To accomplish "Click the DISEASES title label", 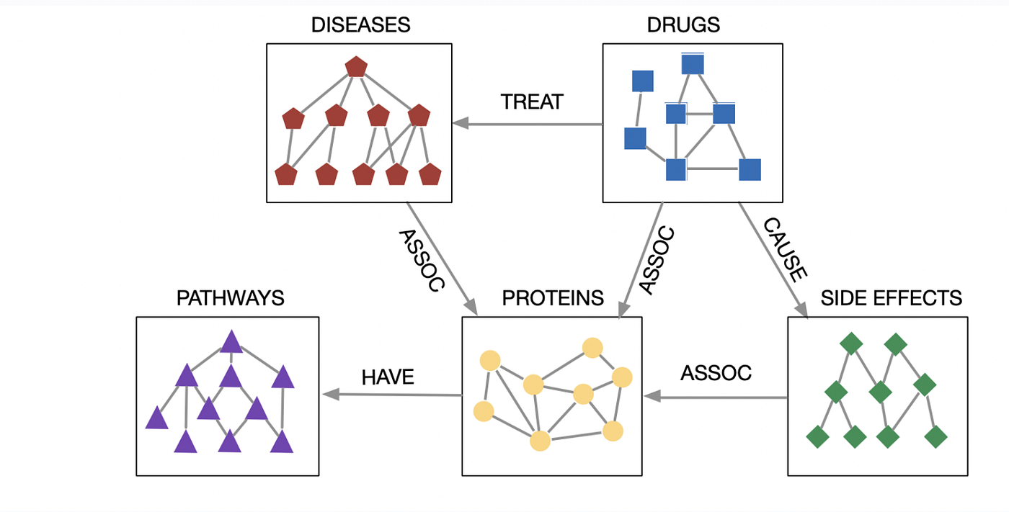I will pyautogui.click(x=360, y=24).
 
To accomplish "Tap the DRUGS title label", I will pyautogui.click(x=684, y=24).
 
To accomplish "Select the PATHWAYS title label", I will pyautogui.click(x=230, y=297).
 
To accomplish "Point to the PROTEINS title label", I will pyautogui.click(x=553, y=297).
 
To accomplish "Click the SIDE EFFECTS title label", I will pyautogui.click(x=892, y=297).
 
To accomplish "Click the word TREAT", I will pyautogui.click(x=531, y=102).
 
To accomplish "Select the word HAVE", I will pyautogui.click(x=388, y=377).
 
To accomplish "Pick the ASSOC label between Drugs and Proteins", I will pyautogui.click(x=657, y=261).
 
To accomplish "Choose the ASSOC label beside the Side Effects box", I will pyautogui.click(x=716, y=373).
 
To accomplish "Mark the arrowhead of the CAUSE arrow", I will pyautogui.click(x=801, y=310).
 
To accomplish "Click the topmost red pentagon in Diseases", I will pyautogui.click(x=357, y=67).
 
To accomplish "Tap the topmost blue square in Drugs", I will pyautogui.click(x=693, y=64).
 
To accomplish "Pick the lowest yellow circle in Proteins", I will pyautogui.click(x=540, y=440).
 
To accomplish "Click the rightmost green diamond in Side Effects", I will pyautogui.click(x=935, y=436).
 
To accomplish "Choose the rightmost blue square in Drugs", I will pyautogui.click(x=750, y=170).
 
